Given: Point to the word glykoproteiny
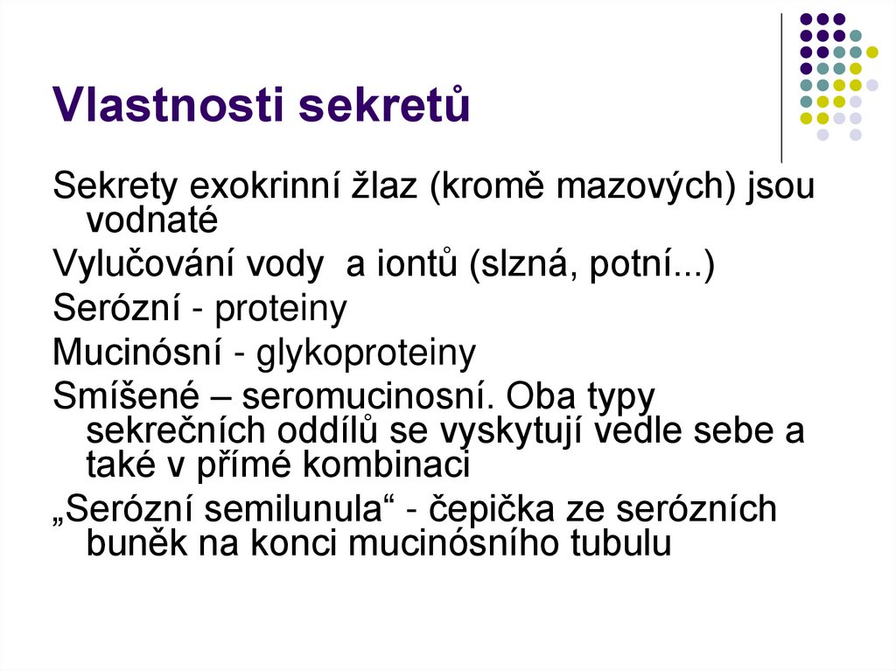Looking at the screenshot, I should pyautogui.click(x=367, y=353).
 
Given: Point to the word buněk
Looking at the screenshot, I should pyautogui.click(x=132, y=542).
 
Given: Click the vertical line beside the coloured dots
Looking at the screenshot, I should pyautogui.click(x=781, y=87).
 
